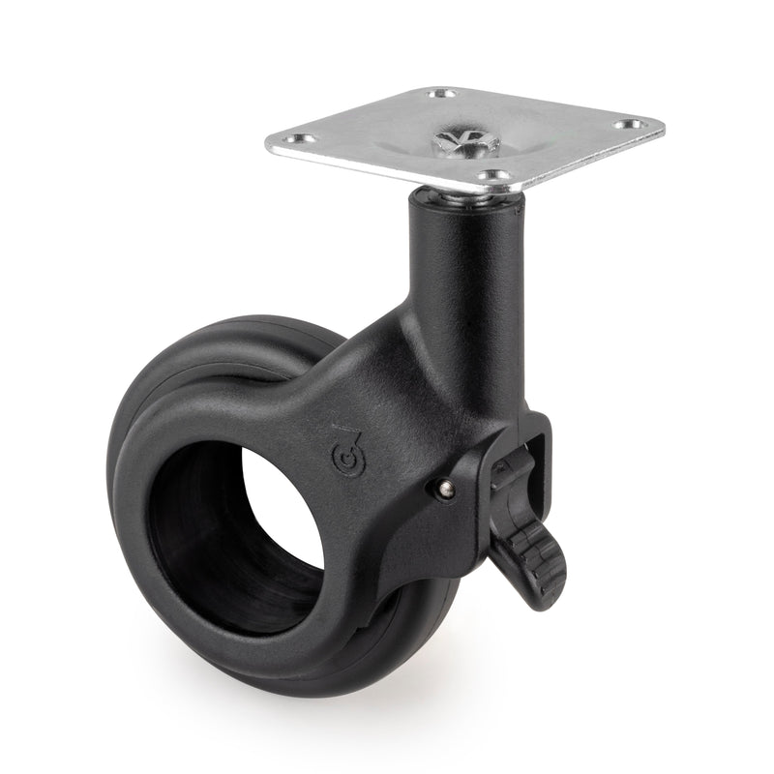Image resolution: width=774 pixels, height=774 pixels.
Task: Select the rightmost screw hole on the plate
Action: click(636, 124)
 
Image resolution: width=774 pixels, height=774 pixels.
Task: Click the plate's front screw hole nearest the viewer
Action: click(494, 175)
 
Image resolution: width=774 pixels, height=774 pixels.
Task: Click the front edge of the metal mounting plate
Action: click(387, 175)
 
